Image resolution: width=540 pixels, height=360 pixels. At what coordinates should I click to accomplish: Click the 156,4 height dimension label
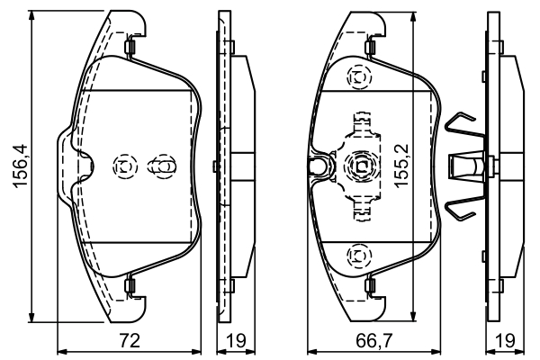(20, 166)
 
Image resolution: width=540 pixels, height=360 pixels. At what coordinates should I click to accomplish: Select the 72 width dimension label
(130, 341)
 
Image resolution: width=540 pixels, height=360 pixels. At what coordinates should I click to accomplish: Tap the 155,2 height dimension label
(401, 166)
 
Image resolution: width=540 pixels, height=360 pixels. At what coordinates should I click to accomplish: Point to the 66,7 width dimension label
(374, 341)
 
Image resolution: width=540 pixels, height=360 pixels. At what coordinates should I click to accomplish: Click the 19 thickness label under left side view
(236, 341)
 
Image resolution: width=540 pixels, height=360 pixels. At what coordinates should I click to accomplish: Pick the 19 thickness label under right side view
(505, 341)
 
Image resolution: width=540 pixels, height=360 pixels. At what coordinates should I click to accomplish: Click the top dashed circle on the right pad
(360, 77)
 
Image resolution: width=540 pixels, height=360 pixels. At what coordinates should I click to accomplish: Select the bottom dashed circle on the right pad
(360, 256)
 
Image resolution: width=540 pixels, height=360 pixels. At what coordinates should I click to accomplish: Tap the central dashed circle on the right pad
(360, 166)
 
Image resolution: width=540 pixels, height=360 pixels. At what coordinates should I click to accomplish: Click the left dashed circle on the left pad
(125, 166)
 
